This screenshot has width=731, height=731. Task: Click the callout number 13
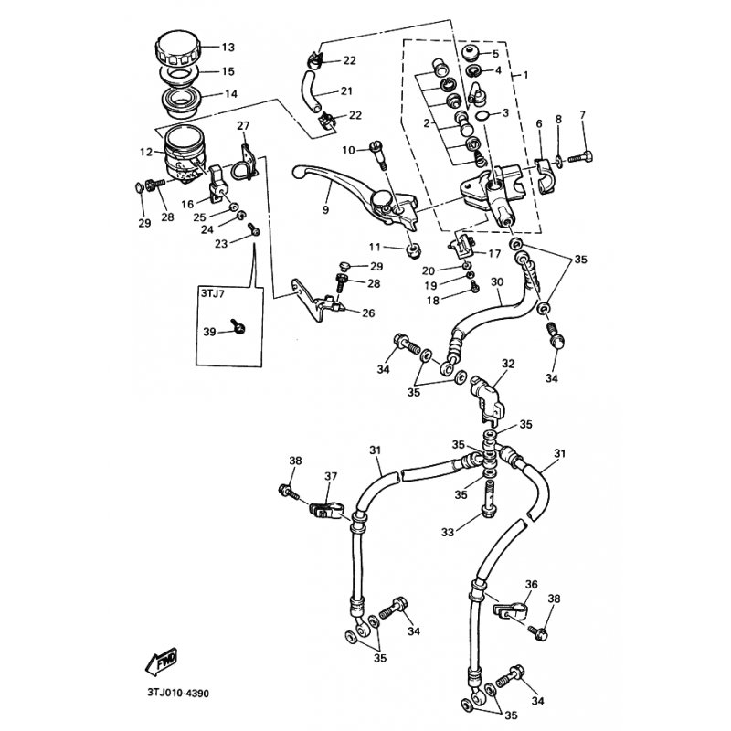228,48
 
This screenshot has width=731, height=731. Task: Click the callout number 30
497,282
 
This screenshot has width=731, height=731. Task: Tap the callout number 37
330,476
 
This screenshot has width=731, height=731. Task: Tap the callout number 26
367,313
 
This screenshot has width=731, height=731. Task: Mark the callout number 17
494,254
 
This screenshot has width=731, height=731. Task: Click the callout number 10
348,149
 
